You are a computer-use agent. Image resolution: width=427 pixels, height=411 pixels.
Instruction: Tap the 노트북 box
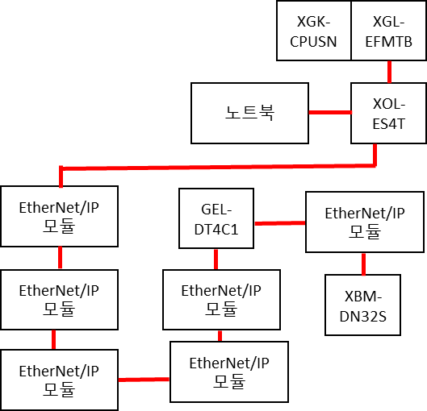pyautogui.click(x=250, y=112)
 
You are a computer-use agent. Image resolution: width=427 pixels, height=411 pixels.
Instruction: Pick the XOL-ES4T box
pyautogui.click(x=388, y=112)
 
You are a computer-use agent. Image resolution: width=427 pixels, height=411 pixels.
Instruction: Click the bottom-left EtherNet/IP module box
pyautogui.click(x=59, y=379)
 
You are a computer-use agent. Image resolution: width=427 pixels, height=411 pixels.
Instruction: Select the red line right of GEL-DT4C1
pyautogui.click(x=279, y=221)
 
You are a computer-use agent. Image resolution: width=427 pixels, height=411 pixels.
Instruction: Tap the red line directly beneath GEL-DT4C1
pyautogui.click(x=216, y=259)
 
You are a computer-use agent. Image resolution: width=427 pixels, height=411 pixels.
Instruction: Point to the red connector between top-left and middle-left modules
pyautogui.click(x=60, y=258)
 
